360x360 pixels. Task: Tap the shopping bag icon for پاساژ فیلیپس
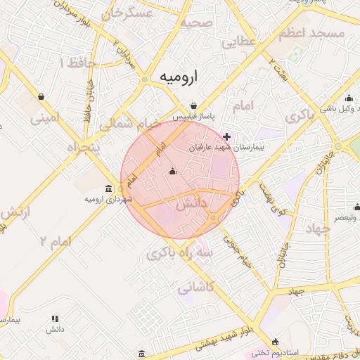[193, 105]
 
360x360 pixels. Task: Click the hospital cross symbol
[226, 136]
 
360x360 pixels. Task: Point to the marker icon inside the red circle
[173, 171]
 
